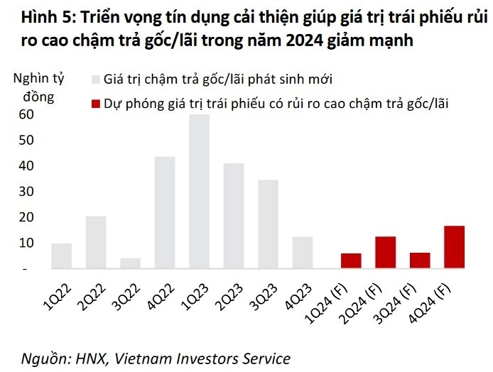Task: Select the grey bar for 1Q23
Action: point(199,192)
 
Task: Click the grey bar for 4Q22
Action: point(165,212)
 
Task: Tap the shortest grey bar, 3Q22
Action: point(130,263)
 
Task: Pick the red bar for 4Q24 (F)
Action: point(454,247)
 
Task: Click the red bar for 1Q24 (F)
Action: point(351,261)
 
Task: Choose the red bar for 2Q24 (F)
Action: point(385,253)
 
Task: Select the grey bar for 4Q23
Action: point(302,253)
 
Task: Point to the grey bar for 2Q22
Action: point(96,242)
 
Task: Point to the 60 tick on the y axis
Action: point(26,114)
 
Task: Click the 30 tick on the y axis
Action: point(26,192)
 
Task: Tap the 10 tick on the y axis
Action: point(26,243)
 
